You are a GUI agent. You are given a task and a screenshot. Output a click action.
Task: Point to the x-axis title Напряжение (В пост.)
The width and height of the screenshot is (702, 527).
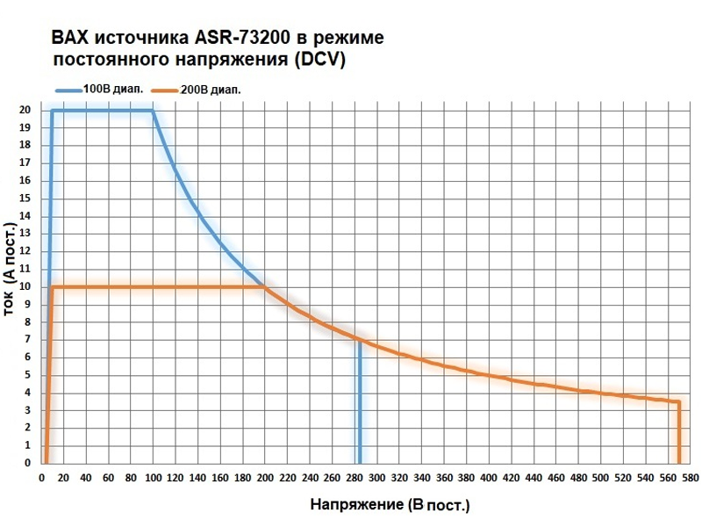coord(390,507)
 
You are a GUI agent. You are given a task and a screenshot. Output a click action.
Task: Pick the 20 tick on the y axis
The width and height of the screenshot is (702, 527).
coord(25,111)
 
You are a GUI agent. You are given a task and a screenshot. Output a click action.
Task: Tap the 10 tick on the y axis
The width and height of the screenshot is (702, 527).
coord(25,287)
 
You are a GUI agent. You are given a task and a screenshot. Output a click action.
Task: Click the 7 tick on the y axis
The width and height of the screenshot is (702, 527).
coord(28,340)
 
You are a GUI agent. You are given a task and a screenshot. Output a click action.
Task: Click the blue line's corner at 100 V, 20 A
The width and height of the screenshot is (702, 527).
coord(153,111)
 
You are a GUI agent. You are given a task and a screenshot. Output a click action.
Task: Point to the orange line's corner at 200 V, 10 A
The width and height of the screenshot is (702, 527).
coord(264,286)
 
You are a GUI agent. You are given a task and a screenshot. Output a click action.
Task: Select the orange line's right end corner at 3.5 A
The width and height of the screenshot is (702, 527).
coord(678,402)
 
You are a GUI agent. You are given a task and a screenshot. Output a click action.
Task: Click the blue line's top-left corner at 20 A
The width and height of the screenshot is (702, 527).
coord(53,111)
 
